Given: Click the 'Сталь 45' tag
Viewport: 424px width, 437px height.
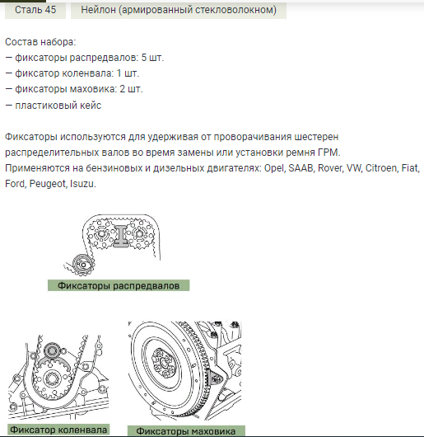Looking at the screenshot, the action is point(35,10).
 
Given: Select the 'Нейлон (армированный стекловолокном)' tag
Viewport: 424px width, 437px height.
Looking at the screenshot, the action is point(179,10).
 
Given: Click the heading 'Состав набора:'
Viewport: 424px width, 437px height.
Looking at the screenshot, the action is point(40,42).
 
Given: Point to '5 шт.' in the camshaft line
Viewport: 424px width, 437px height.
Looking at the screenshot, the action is point(152,58).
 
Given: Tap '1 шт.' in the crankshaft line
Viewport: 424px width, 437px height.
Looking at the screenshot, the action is point(128,73).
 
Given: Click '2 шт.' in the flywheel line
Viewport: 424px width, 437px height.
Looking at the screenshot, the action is point(131,89).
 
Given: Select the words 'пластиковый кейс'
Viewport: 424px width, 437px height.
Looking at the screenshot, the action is point(58,106).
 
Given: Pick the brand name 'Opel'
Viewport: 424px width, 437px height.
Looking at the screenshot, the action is point(275,168).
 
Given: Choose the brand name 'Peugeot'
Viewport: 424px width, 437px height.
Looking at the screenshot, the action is point(48,184).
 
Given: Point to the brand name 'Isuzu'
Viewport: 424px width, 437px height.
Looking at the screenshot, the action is point(82,184).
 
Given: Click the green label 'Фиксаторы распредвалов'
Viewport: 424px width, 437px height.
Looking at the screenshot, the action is point(119,285).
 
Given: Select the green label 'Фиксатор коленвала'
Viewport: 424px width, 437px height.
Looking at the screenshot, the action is point(58,430).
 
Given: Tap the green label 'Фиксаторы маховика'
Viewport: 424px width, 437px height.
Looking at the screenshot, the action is point(186,431).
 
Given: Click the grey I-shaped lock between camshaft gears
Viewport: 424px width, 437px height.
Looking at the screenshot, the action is point(120,236).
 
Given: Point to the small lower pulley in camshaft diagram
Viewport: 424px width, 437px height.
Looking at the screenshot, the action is point(83,265).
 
